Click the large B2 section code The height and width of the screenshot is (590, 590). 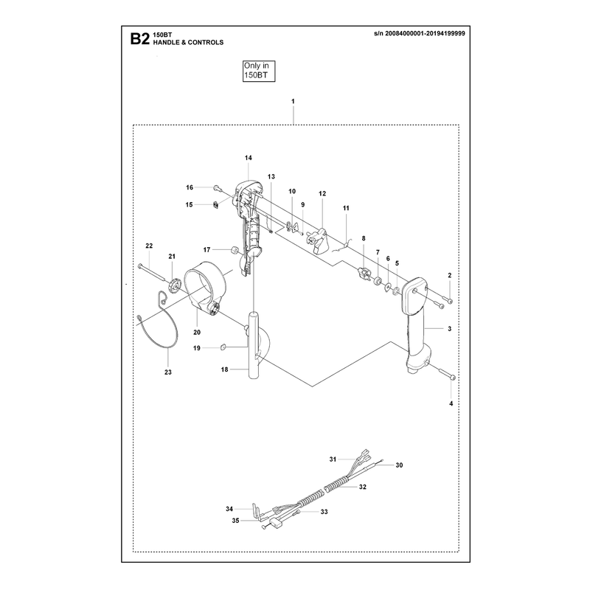pyautogui.click(x=139, y=39)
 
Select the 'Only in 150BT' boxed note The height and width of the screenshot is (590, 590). pyautogui.click(x=259, y=71)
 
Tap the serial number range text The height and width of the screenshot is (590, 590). pyautogui.click(x=420, y=33)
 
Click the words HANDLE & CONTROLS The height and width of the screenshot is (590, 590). pyautogui.click(x=188, y=43)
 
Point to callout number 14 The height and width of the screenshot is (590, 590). pyautogui.click(x=249, y=158)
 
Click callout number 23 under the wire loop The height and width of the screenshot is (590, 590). pyautogui.click(x=168, y=372)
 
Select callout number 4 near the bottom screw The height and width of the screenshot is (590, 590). pyautogui.click(x=451, y=403)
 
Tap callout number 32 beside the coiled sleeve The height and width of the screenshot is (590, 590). pyautogui.click(x=362, y=487)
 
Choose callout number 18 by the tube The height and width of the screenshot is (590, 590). pyautogui.click(x=224, y=369)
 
